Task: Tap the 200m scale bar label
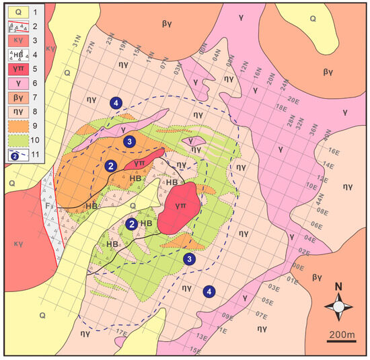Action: (342, 336)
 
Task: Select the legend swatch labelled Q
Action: (15, 11)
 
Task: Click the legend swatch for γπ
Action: (15, 68)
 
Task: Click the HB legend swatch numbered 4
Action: (15, 54)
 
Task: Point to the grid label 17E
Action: (122, 332)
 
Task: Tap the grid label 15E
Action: (196, 349)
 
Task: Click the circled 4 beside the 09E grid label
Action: (210, 291)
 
